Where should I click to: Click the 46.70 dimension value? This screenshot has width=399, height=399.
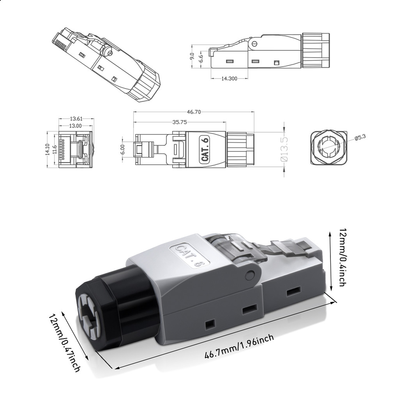coord(193,112)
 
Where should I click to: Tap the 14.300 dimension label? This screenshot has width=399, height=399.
coord(230,78)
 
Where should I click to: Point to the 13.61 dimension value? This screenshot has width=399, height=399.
coord(76,118)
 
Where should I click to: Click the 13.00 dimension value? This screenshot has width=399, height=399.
coord(76,126)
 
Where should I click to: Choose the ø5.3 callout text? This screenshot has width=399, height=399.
coord(361,137)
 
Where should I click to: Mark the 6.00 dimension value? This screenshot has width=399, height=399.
coord(123,150)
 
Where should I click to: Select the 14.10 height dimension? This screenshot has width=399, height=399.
coord(48,150)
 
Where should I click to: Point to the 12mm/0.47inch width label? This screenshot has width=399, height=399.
coord(65,343)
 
